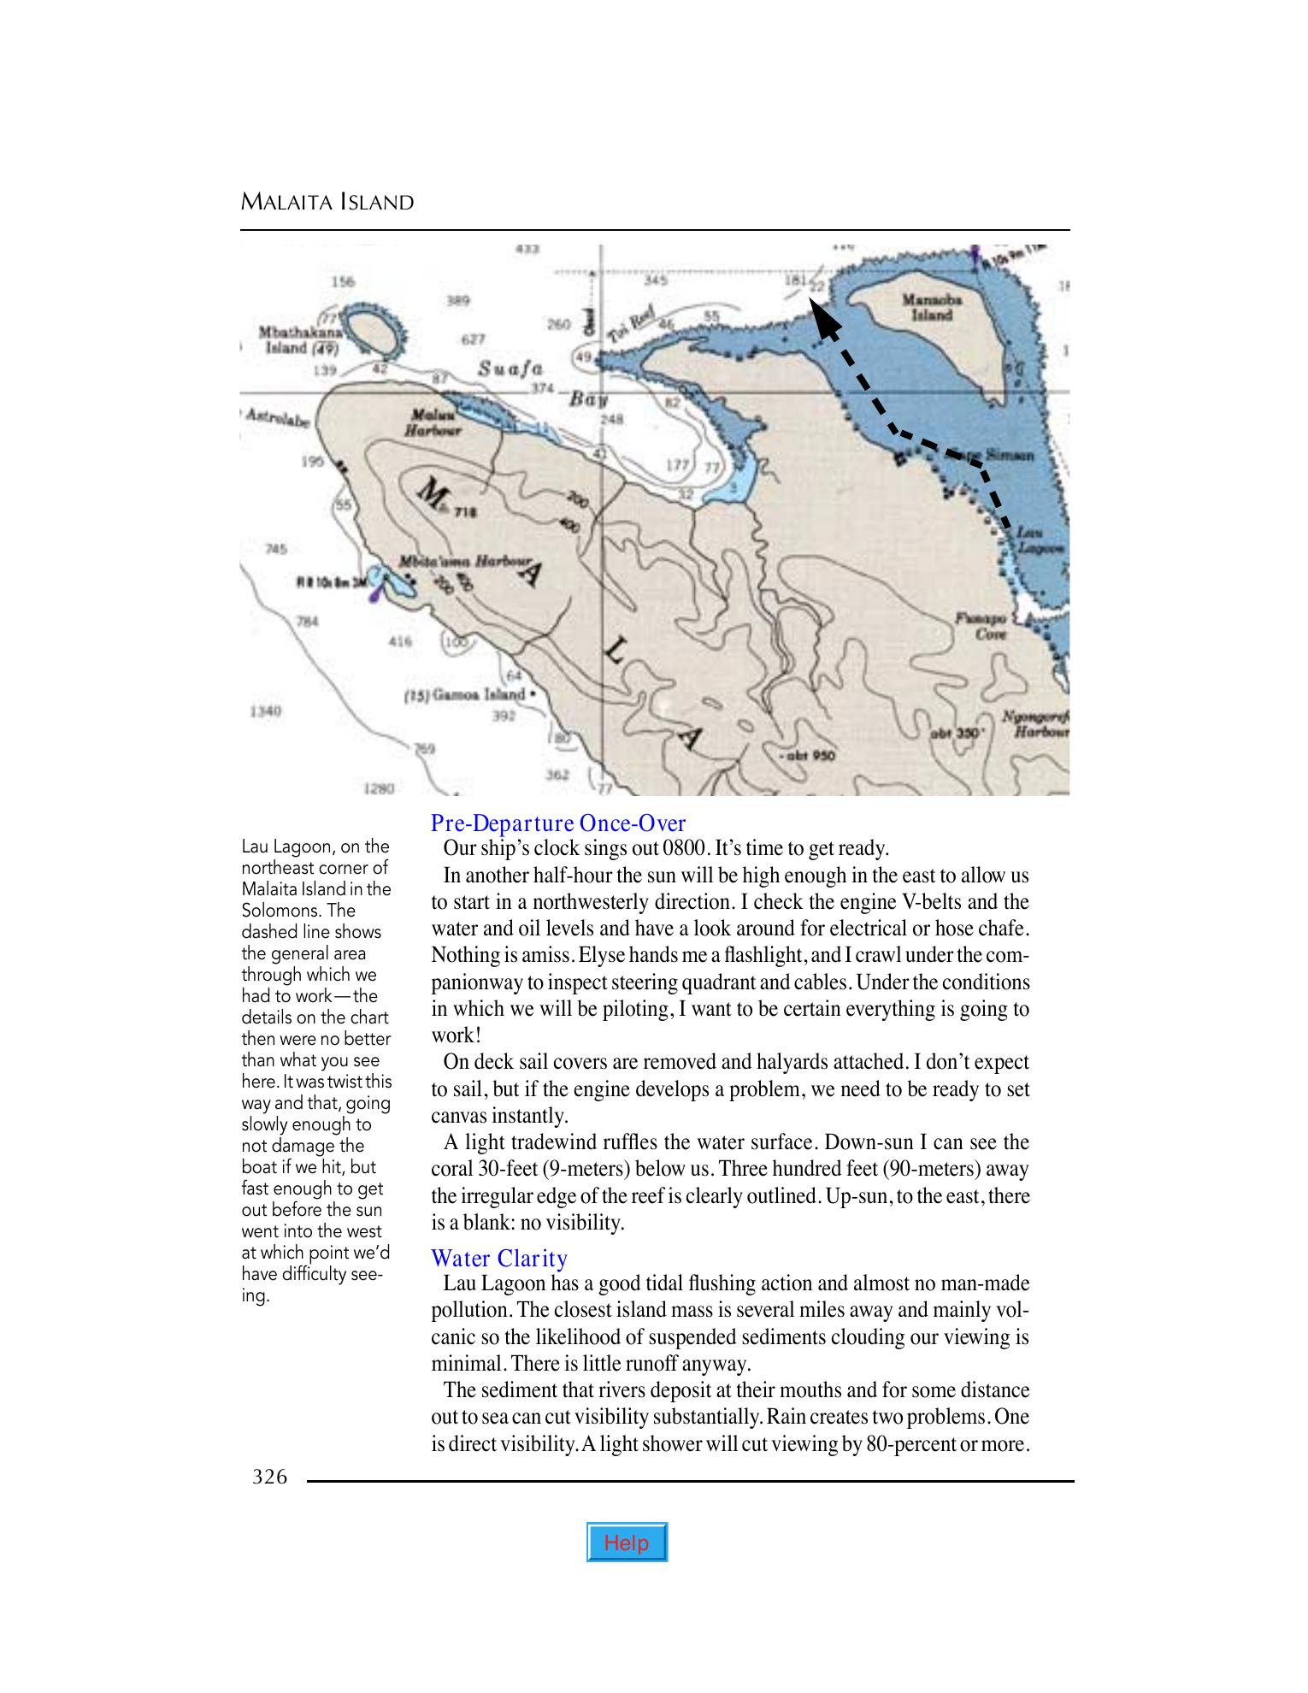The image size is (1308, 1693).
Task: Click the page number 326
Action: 269,1477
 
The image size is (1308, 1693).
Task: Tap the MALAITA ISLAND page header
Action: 327,203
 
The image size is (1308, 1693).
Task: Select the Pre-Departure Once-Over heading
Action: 557,823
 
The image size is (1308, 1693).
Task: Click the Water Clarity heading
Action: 499,1259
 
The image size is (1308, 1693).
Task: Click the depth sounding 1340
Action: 266,711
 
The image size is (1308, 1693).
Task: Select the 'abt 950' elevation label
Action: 808,755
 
